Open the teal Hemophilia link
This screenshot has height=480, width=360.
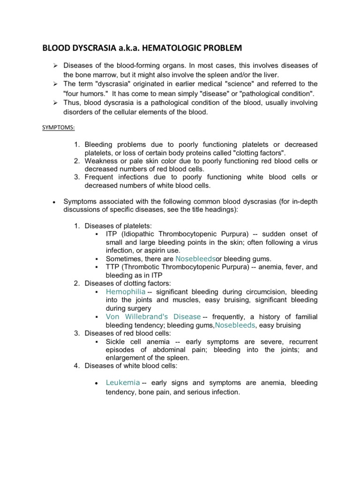click(x=125, y=292)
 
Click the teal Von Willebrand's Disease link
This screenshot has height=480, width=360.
click(x=153, y=316)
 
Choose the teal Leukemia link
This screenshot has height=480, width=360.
click(x=122, y=382)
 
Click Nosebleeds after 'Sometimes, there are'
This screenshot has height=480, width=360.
click(x=195, y=258)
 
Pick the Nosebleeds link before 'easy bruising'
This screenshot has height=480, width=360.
click(x=234, y=325)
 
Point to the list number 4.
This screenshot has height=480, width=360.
click(x=77, y=366)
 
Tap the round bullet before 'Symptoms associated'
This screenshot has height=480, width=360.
click(x=54, y=202)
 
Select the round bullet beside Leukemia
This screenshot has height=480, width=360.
click(x=96, y=383)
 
